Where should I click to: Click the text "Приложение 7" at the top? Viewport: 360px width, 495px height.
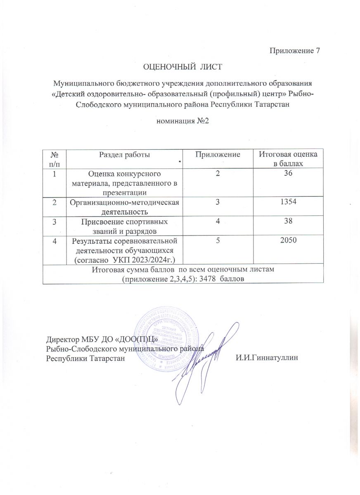[x=294, y=51]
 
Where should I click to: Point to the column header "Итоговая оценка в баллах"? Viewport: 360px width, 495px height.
[x=288, y=159]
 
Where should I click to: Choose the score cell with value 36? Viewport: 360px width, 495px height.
[x=288, y=174]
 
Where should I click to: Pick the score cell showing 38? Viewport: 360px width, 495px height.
[x=288, y=221]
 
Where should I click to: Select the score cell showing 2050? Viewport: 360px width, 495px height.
[x=288, y=241]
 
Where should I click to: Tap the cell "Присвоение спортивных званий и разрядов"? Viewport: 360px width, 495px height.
[x=124, y=226]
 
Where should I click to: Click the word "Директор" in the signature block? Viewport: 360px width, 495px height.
[x=62, y=340]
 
